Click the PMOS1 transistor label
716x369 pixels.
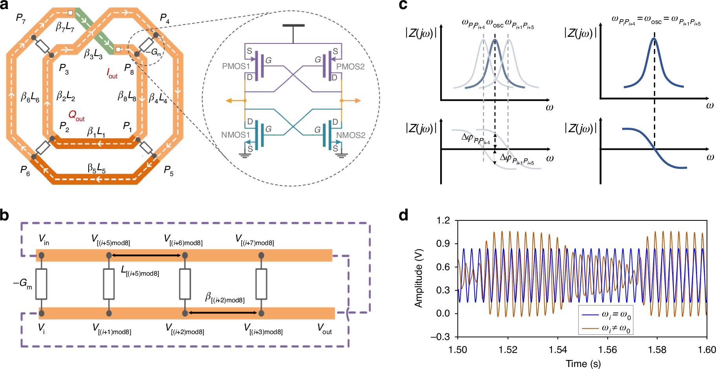236,66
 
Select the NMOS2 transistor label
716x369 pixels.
351,135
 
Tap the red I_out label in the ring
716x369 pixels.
112,73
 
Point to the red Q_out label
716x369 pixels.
76,115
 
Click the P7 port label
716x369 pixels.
20,18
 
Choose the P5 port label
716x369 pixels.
168,171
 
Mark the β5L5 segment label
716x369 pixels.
97,169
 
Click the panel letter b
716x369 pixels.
5,215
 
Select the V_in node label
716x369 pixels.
44,239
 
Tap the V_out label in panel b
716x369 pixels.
324,329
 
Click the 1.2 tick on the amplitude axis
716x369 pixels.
443,220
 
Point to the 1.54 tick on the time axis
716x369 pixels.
557,350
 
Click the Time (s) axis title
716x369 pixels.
583,364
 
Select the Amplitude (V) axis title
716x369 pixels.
419,278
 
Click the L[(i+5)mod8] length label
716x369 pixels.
140,271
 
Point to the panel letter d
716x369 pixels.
403,215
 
